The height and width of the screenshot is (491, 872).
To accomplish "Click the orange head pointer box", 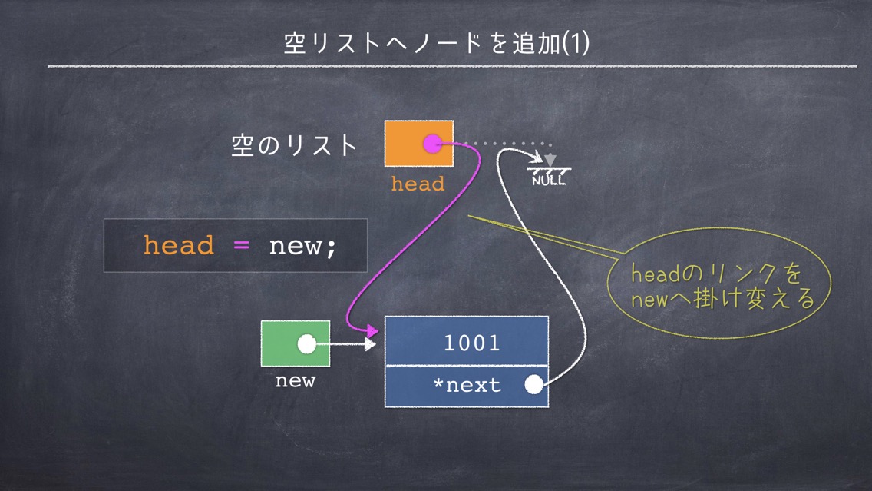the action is coord(419,143).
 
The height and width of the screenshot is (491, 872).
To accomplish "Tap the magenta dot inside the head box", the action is coord(432,144).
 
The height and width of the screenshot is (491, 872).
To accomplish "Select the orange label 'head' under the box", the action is coord(418,184).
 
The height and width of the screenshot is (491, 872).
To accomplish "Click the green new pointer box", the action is coord(296,343).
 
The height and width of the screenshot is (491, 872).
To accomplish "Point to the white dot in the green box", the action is coord(306,344).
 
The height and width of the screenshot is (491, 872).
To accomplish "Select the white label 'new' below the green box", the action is coord(296,381).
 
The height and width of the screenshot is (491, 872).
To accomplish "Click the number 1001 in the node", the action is coord(471,343).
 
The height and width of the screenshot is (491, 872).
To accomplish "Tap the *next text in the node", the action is coord(467,385).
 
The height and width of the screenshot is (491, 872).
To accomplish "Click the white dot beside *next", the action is coord(533,384).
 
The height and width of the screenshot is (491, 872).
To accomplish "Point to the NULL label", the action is coord(548,180).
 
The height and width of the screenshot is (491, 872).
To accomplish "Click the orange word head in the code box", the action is coord(179,245).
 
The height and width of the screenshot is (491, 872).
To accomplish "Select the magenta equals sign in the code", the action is coord(241,245).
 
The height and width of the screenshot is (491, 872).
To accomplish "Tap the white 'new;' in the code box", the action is coord(303,247).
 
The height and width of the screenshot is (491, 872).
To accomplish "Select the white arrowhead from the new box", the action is coord(370,344).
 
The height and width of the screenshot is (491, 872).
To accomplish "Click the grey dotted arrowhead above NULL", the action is coord(550,161).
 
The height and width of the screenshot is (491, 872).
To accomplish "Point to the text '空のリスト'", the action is coord(294,145).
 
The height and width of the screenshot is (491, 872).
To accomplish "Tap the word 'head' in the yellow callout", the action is coord(656,274).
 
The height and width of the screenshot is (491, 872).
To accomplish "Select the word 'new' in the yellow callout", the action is coord(649,300).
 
